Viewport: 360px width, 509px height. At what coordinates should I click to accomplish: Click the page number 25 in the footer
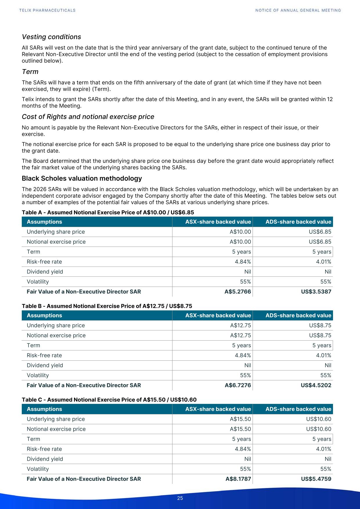click(180, 498)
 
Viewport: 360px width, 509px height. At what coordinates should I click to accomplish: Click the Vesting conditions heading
click(51, 37)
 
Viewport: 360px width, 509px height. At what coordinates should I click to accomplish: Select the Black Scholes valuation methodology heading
click(82, 178)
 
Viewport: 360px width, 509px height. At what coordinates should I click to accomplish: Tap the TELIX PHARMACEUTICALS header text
click(47, 10)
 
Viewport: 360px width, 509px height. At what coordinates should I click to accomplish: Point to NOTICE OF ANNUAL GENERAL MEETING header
click(298, 10)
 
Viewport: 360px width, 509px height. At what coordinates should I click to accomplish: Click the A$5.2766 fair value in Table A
click(238, 292)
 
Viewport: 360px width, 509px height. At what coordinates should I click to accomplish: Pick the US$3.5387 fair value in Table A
click(316, 292)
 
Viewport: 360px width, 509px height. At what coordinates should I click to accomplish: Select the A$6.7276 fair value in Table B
click(238, 385)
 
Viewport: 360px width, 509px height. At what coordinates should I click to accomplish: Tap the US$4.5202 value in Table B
click(316, 385)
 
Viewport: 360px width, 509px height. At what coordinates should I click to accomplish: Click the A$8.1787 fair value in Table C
click(238, 479)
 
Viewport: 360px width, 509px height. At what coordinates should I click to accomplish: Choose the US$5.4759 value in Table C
click(316, 479)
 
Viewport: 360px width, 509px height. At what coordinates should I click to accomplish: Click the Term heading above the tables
click(30, 72)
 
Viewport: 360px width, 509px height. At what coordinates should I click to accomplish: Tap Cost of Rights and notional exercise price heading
click(88, 117)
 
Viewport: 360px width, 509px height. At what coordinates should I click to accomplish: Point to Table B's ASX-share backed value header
click(218, 315)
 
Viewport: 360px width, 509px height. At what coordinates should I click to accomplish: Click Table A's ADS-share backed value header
click(298, 222)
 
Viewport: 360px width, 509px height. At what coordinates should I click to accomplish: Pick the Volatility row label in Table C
click(38, 469)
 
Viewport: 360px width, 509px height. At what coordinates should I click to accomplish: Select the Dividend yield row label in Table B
click(45, 365)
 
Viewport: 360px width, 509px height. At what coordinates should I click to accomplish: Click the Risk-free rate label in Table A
click(44, 262)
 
